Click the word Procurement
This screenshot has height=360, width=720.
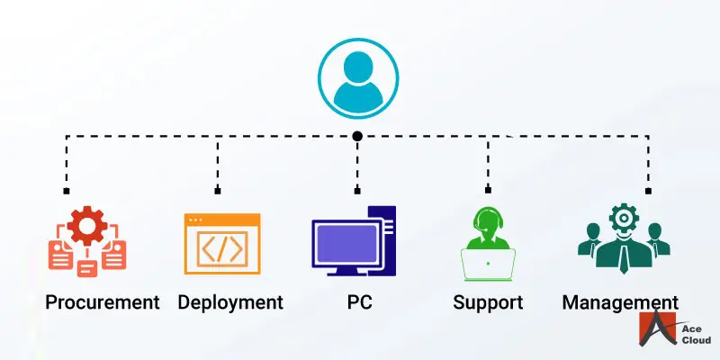[102, 301]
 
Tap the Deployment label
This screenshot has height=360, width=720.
[230, 301]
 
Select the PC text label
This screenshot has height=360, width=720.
[359, 301]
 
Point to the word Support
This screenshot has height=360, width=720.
[487, 301]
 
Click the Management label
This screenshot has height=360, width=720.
[620, 301]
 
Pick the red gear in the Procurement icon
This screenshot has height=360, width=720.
[87, 226]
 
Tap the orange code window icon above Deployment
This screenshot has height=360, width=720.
[222, 244]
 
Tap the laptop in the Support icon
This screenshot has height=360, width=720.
[488, 264]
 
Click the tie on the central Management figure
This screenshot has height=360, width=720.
[623, 257]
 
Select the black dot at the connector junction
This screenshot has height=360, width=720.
[357, 136]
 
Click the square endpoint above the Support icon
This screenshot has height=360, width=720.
[488, 191]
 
